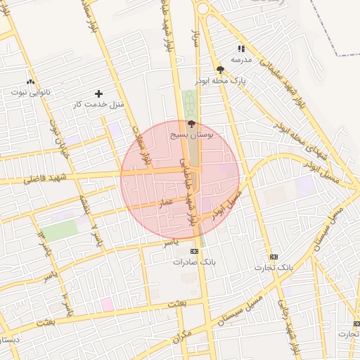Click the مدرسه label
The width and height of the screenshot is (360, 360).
pos(242,60)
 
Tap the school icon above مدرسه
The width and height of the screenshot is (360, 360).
pos(241,49)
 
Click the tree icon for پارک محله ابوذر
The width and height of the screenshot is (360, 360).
pos(221,70)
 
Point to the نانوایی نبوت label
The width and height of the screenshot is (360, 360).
pos(30,92)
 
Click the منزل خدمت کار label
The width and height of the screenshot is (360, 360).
pos(98,105)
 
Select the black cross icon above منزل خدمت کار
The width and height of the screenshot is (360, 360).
pos(98,94)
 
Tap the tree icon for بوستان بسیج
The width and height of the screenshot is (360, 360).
pos(193,124)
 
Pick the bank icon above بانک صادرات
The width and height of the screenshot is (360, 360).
pos(193,251)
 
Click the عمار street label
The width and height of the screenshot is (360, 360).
pos(166,202)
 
